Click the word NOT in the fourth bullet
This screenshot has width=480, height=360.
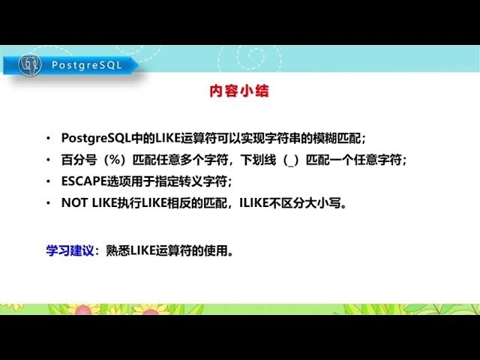(x=74, y=203)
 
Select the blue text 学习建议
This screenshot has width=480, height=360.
(x=70, y=250)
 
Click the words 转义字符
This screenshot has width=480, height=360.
(x=205, y=181)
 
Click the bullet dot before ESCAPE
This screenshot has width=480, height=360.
(x=49, y=182)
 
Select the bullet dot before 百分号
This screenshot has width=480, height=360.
(x=49, y=160)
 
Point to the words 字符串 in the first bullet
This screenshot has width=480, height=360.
(x=282, y=138)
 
